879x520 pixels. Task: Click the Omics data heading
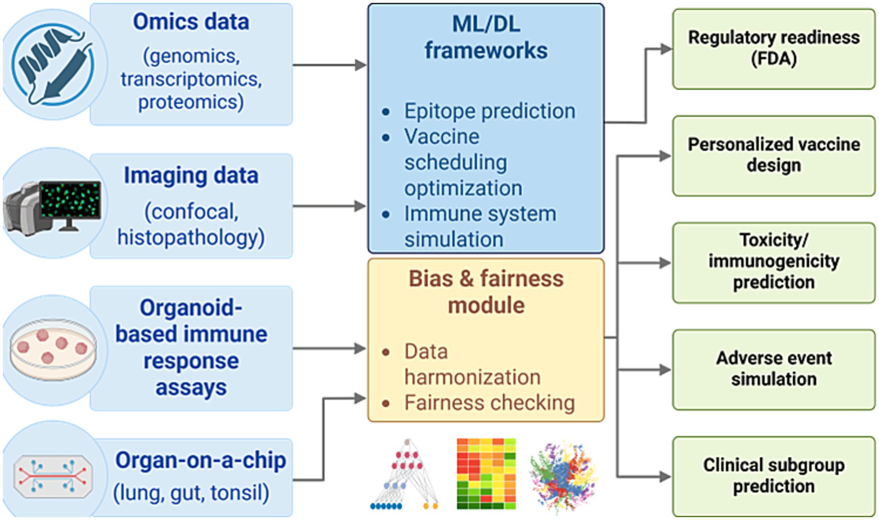191,22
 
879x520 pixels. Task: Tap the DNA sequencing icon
53,64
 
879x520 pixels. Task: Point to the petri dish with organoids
53,349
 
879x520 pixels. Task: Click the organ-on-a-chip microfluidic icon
53,476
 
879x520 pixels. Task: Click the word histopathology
191,237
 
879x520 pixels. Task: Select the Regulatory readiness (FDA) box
773,48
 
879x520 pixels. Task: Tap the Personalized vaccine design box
773,155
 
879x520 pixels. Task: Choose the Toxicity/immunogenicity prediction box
773,262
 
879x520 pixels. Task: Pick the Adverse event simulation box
773,369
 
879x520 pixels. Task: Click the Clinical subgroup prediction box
773,475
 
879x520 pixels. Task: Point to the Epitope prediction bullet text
489,111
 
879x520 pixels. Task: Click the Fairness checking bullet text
489,402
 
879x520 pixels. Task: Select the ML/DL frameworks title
486,37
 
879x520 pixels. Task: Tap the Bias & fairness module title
486,291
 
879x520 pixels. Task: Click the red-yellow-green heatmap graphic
486,473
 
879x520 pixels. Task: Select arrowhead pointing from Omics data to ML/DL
361,65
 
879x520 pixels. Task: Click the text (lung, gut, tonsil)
191,493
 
